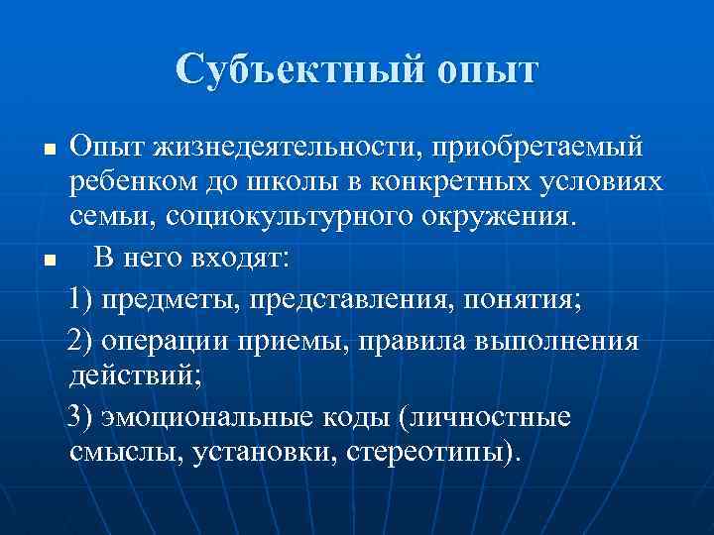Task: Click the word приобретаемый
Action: (541, 148)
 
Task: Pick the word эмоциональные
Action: (207, 416)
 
